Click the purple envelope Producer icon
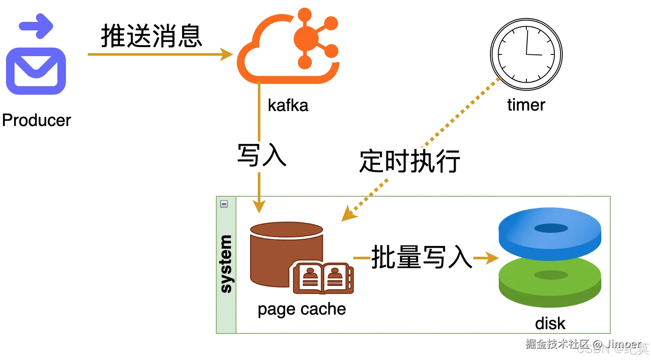tap(36, 71)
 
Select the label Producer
tap(36, 120)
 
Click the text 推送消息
tap(151, 36)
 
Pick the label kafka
tap(288, 105)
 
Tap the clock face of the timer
tap(526, 54)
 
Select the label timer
tap(526, 105)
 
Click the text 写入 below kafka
tap(262, 155)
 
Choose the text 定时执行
tap(410, 162)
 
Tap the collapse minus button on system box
tap(224, 204)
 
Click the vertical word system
tap(226, 264)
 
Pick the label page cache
tap(302, 309)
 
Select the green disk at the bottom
tap(550, 283)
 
